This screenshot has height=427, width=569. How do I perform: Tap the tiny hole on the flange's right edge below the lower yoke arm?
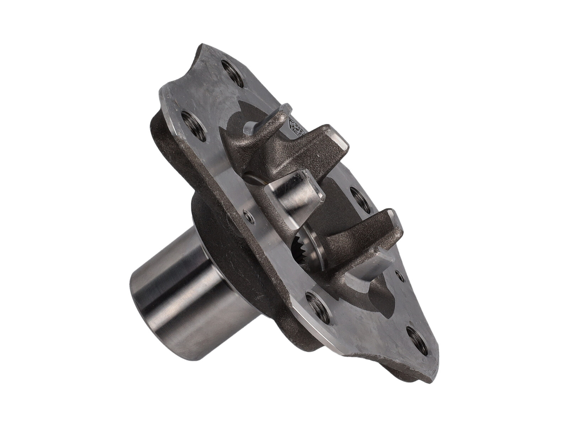click(x=398, y=274)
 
